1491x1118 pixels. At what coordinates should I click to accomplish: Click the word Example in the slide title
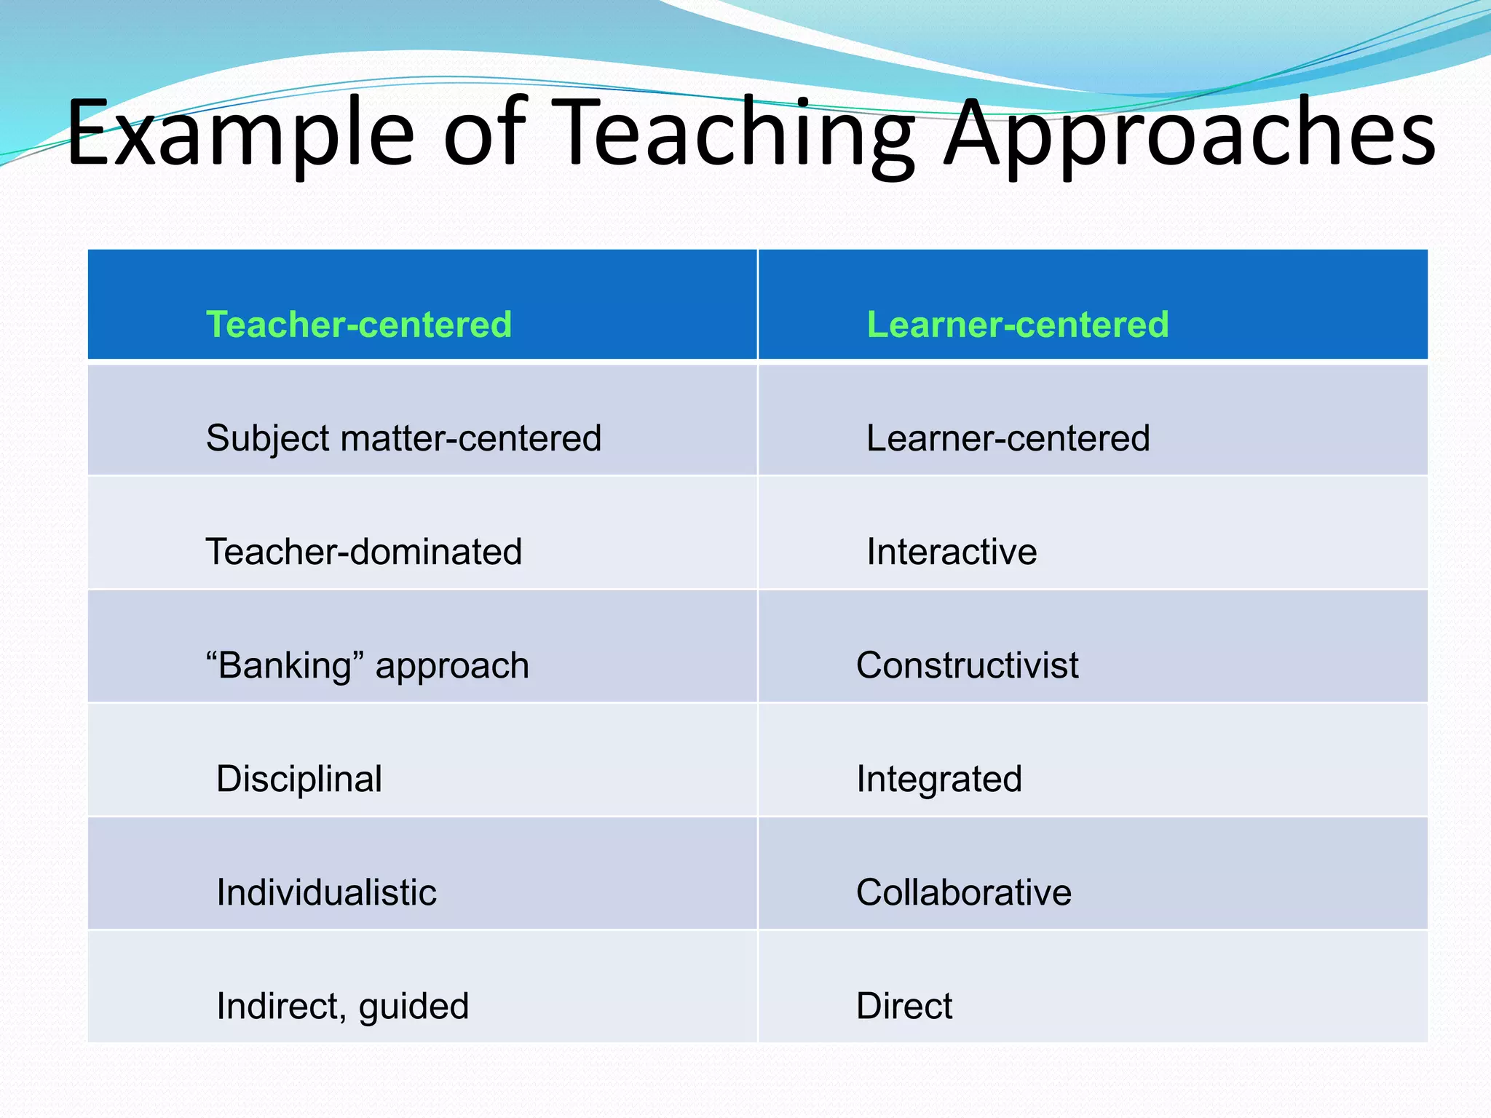(x=240, y=135)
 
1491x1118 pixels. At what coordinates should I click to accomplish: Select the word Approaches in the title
(x=1190, y=135)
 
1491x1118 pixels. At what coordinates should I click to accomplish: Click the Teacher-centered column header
(x=359, y=324)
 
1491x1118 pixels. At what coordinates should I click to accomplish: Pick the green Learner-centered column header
(x=1018, y=324)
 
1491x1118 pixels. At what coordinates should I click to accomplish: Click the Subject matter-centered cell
(x=403, y=438)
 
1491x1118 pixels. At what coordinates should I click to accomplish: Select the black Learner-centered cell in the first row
(x=1008, y=438)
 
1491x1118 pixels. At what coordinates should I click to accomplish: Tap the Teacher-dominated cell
(x=364, y=552)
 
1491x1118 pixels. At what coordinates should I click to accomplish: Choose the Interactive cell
(x=952, y=552)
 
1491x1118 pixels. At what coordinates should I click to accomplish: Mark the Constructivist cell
(x=967, y=665)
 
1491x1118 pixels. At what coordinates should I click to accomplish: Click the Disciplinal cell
(x=299, y=779)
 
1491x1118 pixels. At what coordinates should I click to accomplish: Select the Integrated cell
(x=939, y=779)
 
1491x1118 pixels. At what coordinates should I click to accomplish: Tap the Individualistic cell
(x=326, y=892)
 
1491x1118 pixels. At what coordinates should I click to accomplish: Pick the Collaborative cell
(x=964, y=892)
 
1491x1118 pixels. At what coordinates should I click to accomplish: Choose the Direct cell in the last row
(x=904, y=1006)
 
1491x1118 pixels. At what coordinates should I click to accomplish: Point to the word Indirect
(x=280, y=1006)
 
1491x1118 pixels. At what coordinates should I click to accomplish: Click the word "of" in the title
(x=484, y=135)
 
